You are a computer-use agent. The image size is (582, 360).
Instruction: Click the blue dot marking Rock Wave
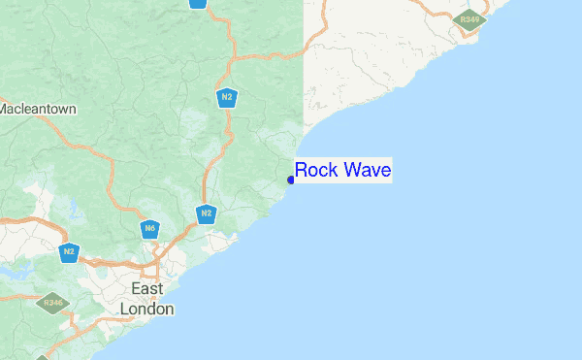tap(291, 180)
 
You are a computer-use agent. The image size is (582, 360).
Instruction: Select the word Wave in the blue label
tap(366, 171)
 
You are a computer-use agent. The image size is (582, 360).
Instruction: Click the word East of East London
tap(147, 289)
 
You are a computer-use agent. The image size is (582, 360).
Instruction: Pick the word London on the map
tap(147, 309)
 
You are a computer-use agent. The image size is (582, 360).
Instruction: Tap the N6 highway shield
tap(149, 230)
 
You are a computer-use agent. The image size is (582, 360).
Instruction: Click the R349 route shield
tap(470, 19)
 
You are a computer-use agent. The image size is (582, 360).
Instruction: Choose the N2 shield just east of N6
tap(206, 213)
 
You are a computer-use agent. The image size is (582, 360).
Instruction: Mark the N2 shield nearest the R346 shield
tap(68, 252)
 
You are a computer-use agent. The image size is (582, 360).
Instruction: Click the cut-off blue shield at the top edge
tap(198, 3)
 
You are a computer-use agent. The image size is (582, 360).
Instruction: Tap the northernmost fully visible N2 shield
tap(226, 97)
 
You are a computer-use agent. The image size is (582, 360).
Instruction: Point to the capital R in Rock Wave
tap(303, 171)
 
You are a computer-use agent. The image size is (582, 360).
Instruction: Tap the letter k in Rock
tap(332, 171)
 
